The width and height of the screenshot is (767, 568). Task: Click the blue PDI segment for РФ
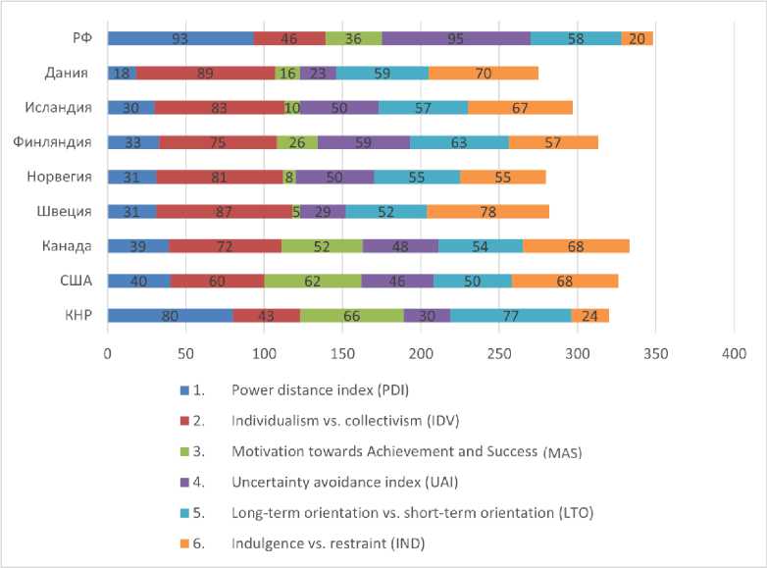[x=180, y=38]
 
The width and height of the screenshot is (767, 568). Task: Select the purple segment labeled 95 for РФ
[x=456, y=38]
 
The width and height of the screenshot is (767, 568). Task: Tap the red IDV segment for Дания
[x=205, y=73]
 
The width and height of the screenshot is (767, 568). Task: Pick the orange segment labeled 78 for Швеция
[x=487, y=211]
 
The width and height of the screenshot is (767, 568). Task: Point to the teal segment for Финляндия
[x=459, y=142]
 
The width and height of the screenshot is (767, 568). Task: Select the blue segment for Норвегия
[x=131, y=177]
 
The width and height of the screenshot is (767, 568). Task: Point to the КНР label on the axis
[x=77, y=315]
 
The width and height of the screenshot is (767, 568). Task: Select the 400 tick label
[x=734, y=351]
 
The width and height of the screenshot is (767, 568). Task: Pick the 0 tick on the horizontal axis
[x=108, y=351]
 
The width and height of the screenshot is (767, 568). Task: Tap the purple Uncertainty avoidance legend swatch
[x=186, y=481]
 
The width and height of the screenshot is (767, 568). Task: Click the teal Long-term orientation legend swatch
[x=186, y=511]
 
